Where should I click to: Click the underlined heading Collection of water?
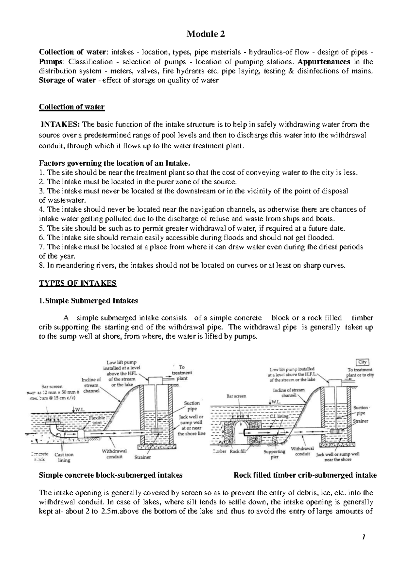(72, 107)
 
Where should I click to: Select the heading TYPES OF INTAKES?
(78, 284)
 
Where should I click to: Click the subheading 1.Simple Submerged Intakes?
(88, 301)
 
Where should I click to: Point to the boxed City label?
(362, 362)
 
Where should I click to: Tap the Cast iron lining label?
(64, 457)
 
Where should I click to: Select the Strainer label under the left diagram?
(142, 457)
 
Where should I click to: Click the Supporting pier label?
(274, 454)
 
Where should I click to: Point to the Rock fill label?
(238, 451)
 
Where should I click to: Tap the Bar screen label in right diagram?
(237, 396)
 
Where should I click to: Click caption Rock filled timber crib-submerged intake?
(305, 475)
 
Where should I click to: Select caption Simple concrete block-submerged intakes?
(111, 475)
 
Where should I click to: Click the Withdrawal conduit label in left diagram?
(112, 454)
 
